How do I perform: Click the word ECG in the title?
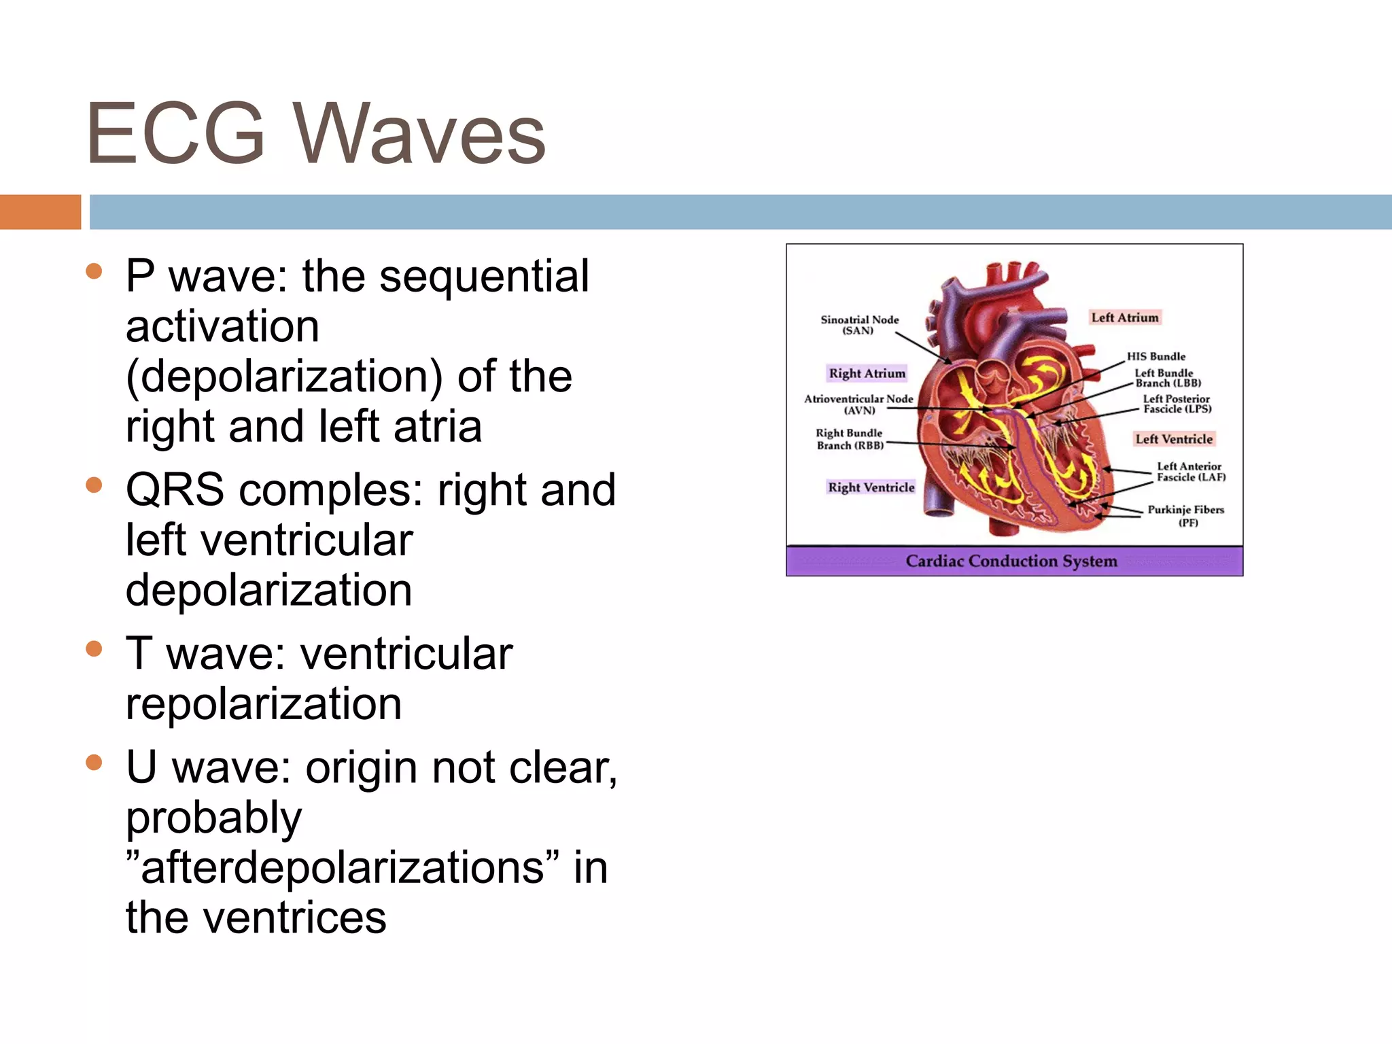click(175, 133)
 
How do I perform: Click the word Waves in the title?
click(419, 135)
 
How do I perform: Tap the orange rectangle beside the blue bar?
click(40, 212)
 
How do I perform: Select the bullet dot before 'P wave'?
click(94, 273)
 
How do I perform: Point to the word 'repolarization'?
click(264, 704)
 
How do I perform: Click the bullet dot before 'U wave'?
click(94, 763)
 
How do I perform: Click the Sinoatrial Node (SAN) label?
click(859, 325)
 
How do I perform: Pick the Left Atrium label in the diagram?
click(1125, 317)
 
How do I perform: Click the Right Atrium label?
click(867, 373)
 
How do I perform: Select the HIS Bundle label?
click(1156, 356)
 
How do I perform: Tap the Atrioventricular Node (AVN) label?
click(858, 404)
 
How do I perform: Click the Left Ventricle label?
click(1174, 439)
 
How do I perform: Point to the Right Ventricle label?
click(871, 487)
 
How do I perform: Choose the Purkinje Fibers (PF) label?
click(1186, 515)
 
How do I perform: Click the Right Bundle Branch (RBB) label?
click(850, 439)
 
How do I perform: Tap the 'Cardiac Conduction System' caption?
click(1011, 561)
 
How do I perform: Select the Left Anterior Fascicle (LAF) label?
click(1191, 472)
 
